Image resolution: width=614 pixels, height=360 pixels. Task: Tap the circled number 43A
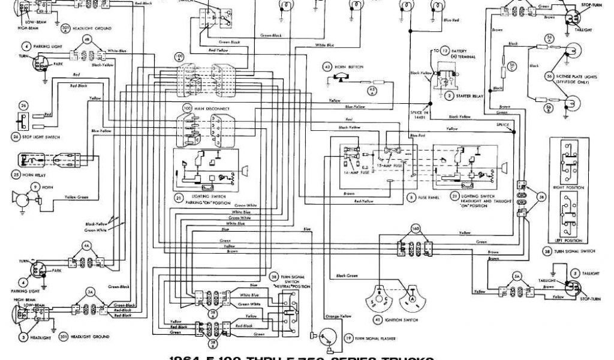(371, 91)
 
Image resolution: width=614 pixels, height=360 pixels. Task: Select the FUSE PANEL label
(429, 196)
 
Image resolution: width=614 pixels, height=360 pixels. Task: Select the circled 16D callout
(414, 228)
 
